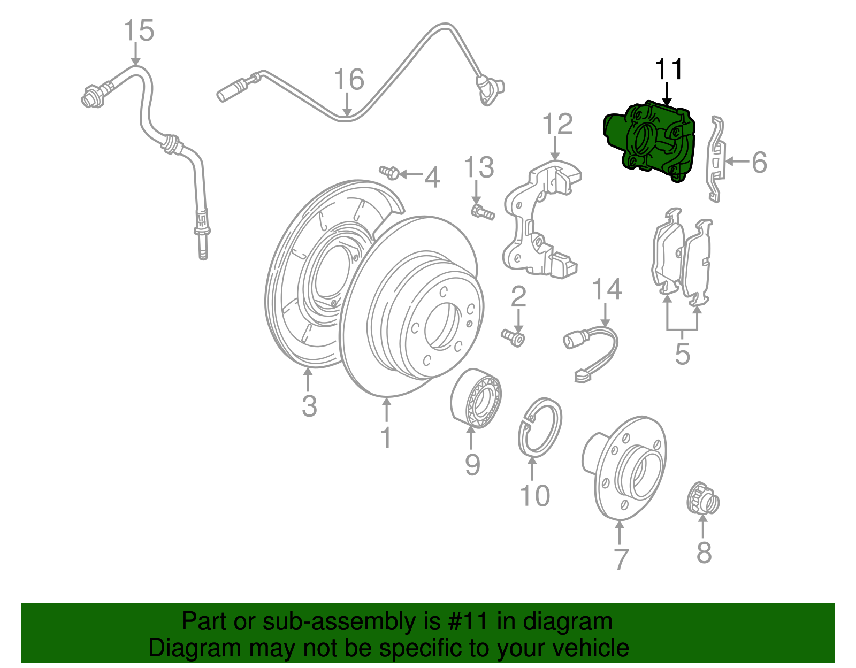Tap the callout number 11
pyautogui.click(x=669, y=70)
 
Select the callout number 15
pyautogui.click(x=139, y=31)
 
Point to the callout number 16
pyautogui.click(x=349, y=80)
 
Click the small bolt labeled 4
pyautogui.click(x=389, y=172)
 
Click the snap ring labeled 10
pyautogui.click(x=540, y=428)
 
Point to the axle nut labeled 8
pyautogui.click(x=703, y=502)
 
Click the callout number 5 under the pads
pyautogui.click(x=682, y=354)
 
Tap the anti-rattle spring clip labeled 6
pyautogui.click(x=717, y=160)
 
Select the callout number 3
pyautogui.click(x=309, y=406)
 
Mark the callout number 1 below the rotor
pyautogui.click(x=386, y=437)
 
